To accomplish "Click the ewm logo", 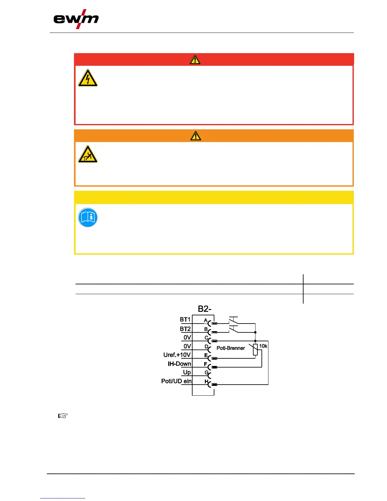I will click(76, 19).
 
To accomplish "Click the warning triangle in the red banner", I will click(195, 60).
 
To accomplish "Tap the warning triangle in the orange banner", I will click(196, 136).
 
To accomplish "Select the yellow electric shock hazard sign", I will click(88, 78).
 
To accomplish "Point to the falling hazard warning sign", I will click(88, 154).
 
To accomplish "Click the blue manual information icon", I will click(88, 218).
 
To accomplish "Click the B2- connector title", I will click(205, 309).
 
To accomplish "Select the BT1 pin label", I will click(185, 320).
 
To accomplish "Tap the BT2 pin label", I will click(185, 329).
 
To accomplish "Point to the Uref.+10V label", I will click(177, 355).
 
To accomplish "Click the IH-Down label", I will click(179, 364).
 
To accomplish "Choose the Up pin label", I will click(187, 372).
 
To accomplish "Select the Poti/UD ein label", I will click(176, 381).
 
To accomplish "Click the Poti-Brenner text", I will click(230, 348).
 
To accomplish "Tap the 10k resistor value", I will click(263, 346).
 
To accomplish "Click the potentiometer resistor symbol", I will click(255, 349).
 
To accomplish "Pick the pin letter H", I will click(206, 381).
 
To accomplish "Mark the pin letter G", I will click(206, 373).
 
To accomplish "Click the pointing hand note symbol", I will click(63, 416).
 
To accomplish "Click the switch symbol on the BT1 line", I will click(233, 320).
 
